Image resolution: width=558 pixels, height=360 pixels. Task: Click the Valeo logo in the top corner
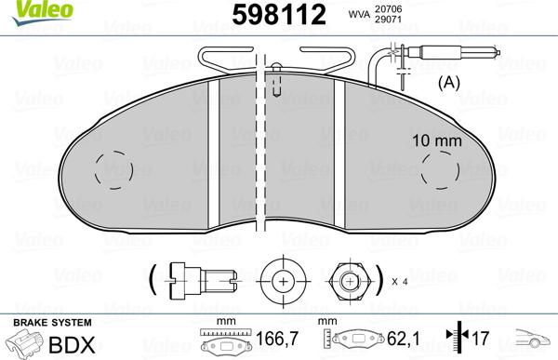pyautogui.click(x=43, y=12)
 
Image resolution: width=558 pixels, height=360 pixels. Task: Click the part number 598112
pyautogui.click(x=279, y=15)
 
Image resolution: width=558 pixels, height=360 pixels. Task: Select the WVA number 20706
pyautogui.click(x=388, y=9)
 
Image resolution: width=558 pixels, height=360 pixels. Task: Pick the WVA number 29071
pyautogui.click(x=388, y=19)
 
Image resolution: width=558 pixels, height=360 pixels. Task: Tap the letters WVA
pyautogui.click(x=359, y=14)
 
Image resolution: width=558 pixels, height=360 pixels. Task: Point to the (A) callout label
pyautogui.click(x=449, y=83)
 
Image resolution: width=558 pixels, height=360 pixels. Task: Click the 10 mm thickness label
pyautogui.click(x=437, y=140)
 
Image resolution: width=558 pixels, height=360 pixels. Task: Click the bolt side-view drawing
pyautogui.click(x=203, y=281)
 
